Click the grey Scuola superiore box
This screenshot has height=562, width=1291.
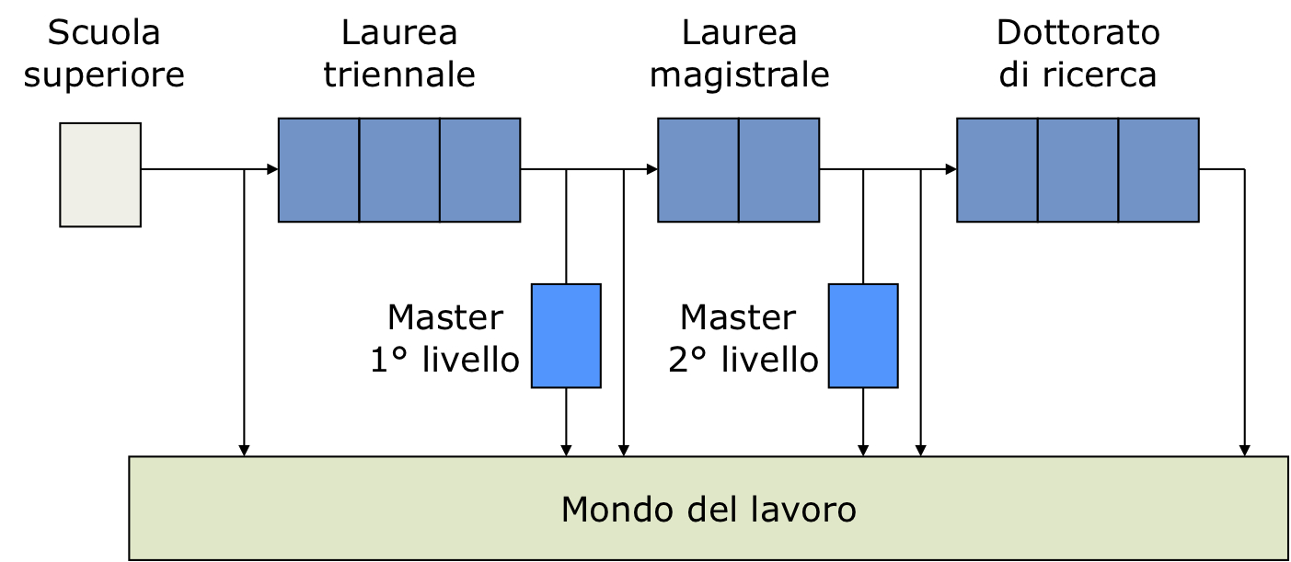100,175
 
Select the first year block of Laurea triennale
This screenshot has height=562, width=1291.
318,170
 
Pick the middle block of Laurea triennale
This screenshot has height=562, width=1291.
399,170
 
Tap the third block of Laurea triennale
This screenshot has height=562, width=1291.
479,170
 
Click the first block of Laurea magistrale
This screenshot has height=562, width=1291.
698,170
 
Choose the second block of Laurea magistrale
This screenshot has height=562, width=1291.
778,170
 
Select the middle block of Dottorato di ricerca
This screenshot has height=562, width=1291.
1078,170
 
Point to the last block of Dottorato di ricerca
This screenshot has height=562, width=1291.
1158,170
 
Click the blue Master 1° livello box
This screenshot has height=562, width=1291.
566,336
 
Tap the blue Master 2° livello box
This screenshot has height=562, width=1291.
863,336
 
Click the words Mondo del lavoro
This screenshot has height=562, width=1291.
709,509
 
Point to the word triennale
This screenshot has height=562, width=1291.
399,75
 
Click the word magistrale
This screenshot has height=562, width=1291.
740,75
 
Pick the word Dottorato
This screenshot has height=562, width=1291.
1078,33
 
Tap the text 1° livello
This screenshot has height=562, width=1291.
445,361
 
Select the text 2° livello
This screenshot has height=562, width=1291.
743,361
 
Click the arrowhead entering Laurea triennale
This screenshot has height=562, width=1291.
272,169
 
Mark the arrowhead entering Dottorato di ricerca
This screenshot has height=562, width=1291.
951,169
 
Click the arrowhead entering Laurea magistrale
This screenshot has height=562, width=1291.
651,169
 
